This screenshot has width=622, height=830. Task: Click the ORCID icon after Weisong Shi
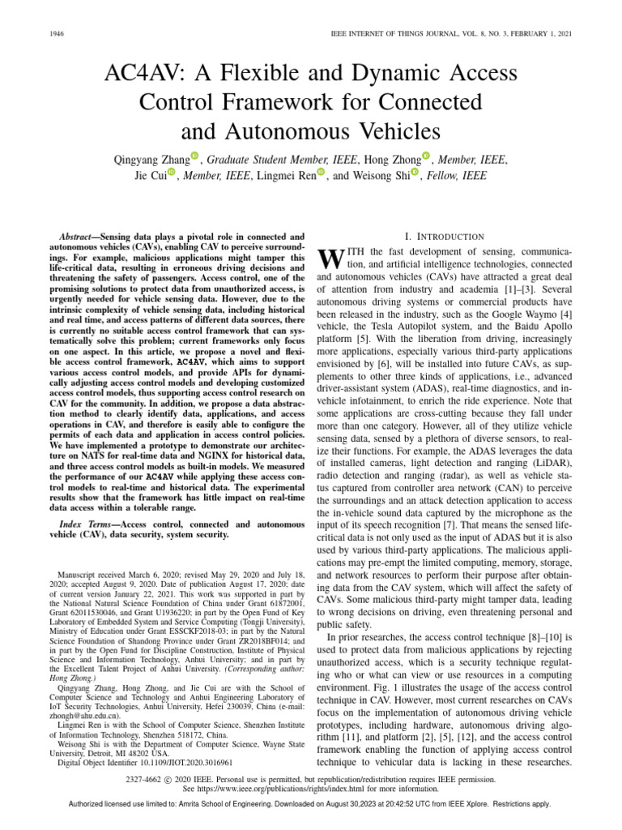(x=415, y=173)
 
